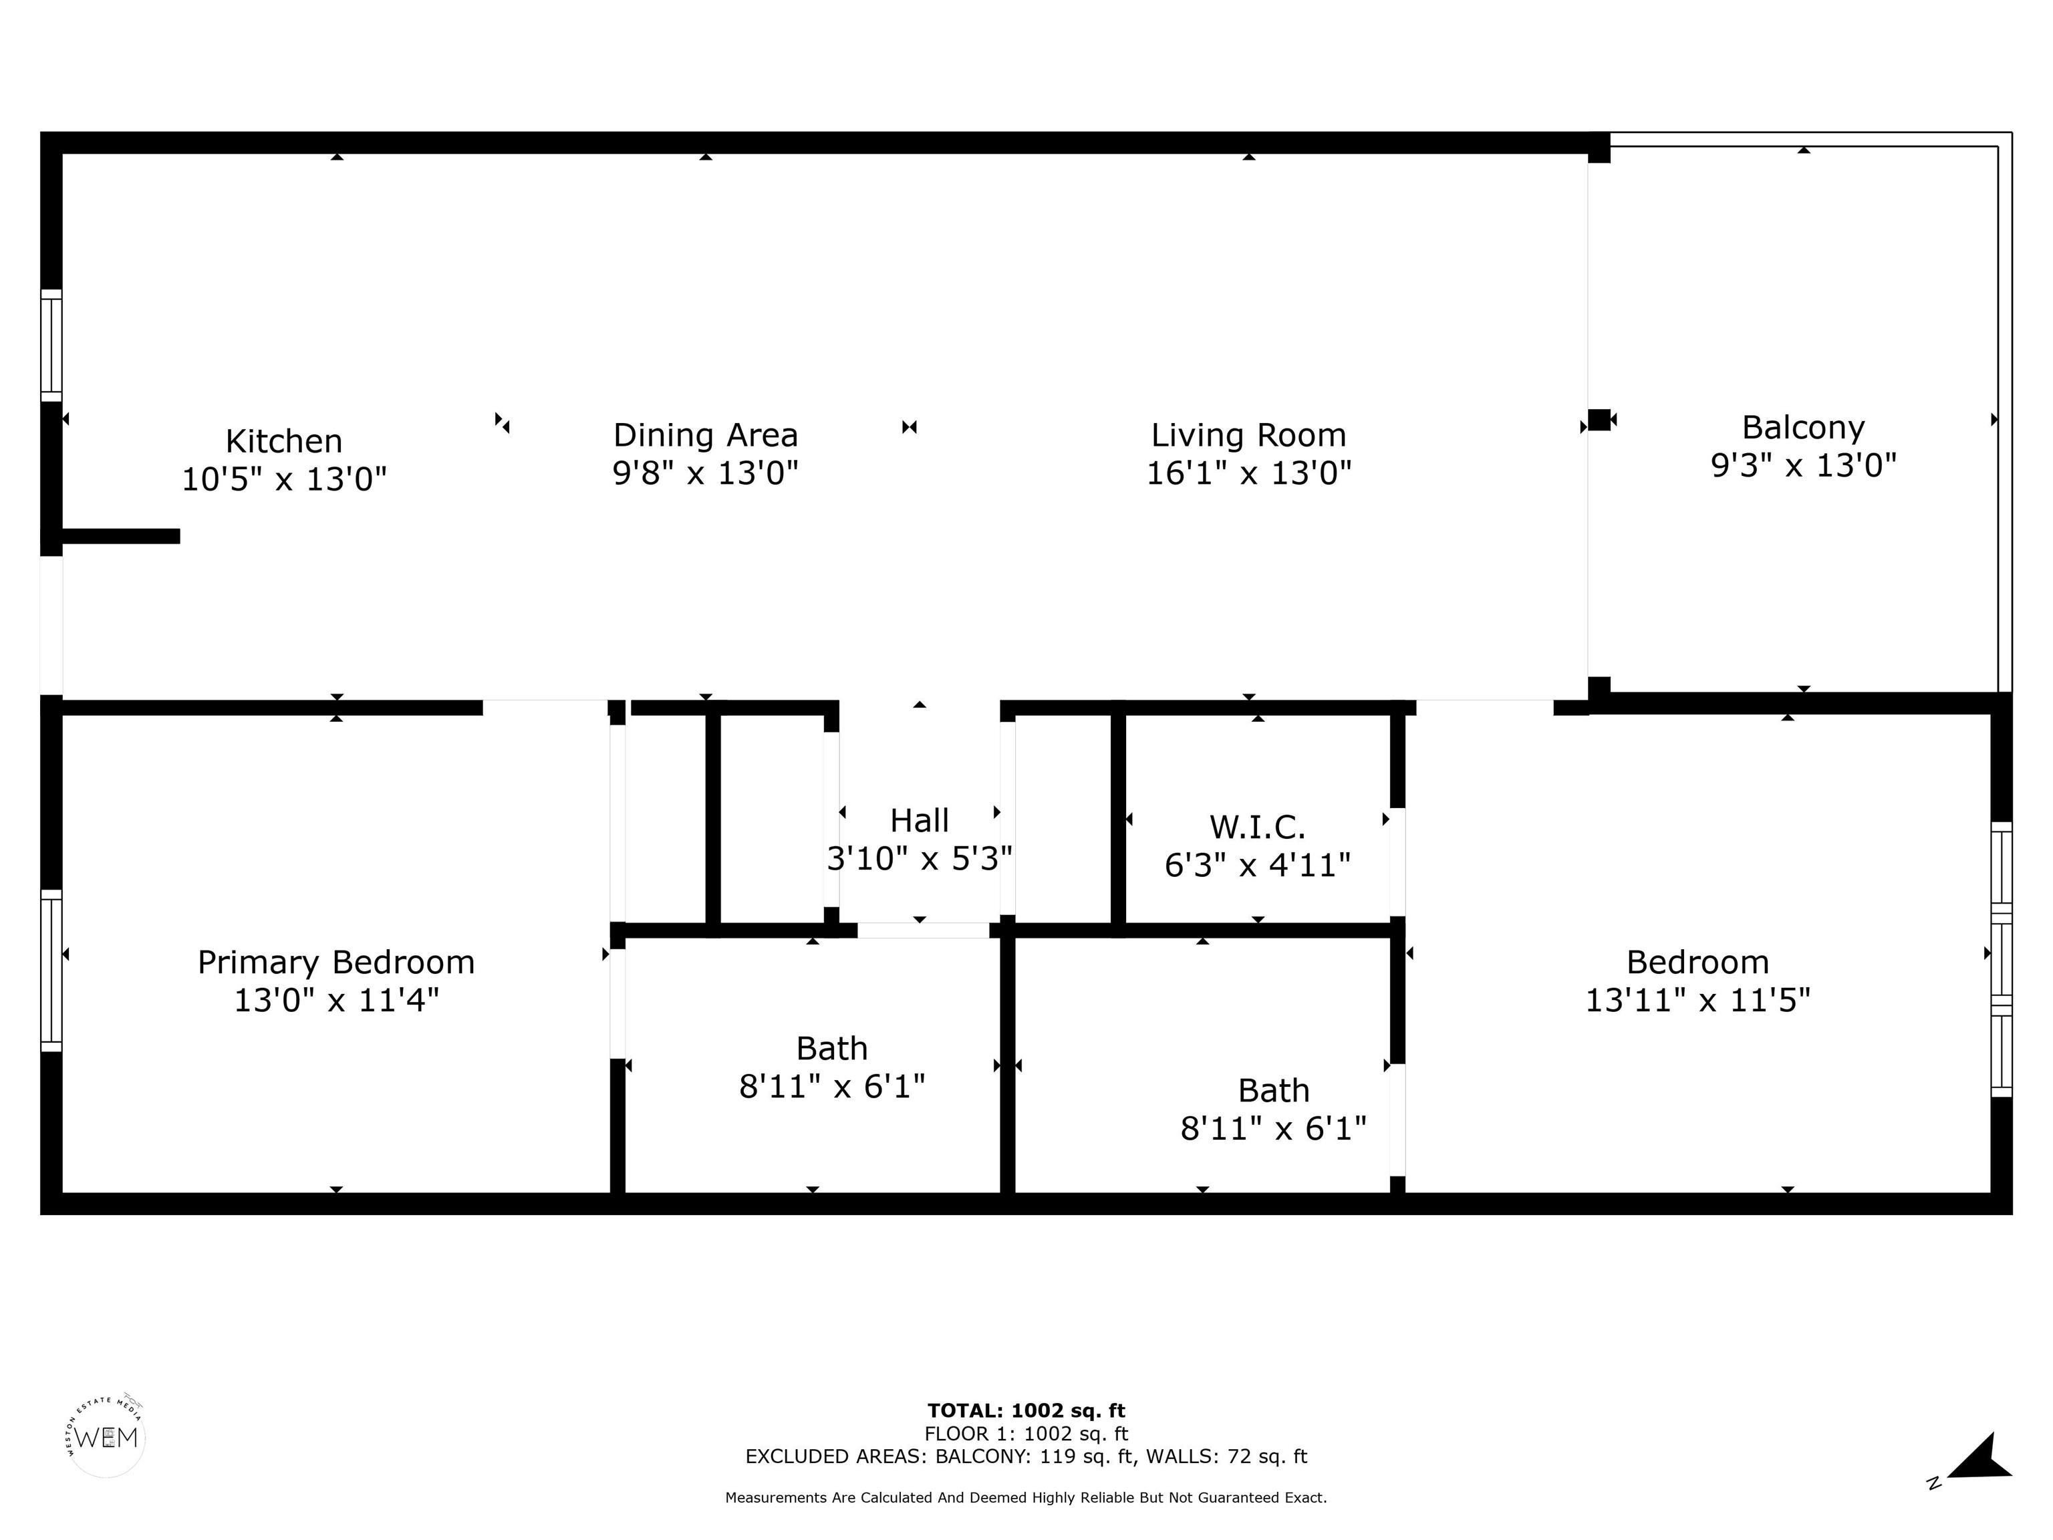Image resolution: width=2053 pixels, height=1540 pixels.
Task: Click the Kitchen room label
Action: (284, 441)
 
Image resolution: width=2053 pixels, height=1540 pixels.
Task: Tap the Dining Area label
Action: (705, 435)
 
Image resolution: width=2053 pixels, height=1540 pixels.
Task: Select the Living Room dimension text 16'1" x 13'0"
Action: (1248, 473)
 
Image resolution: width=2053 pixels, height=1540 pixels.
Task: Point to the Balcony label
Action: (1803, 428)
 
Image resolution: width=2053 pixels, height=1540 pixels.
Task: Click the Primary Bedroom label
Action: (336, 962)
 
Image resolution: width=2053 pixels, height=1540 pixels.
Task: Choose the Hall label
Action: (920, 821)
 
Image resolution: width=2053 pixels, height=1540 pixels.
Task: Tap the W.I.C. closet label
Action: (1258, 827)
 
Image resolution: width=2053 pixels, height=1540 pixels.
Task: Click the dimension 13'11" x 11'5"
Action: (1697, 1001)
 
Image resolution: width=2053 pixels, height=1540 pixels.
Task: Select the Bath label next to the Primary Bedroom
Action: (831, 1049)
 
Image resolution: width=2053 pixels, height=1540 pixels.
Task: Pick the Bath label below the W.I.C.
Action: (1273, 1091)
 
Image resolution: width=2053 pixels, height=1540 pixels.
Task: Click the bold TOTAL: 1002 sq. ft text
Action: (1026, 1412)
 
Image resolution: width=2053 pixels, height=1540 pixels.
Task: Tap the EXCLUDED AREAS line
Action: (1026, 1456)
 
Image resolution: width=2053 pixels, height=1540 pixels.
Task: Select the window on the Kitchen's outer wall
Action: (51, 346)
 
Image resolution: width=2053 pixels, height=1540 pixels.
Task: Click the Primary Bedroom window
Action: (51, 971)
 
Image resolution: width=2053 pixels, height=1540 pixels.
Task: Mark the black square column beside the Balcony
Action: (1598, 420)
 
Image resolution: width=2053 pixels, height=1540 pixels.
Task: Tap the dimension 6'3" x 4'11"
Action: (1258, 865)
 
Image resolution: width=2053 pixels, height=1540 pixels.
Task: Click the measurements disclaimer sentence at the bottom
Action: (1026, 1497)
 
